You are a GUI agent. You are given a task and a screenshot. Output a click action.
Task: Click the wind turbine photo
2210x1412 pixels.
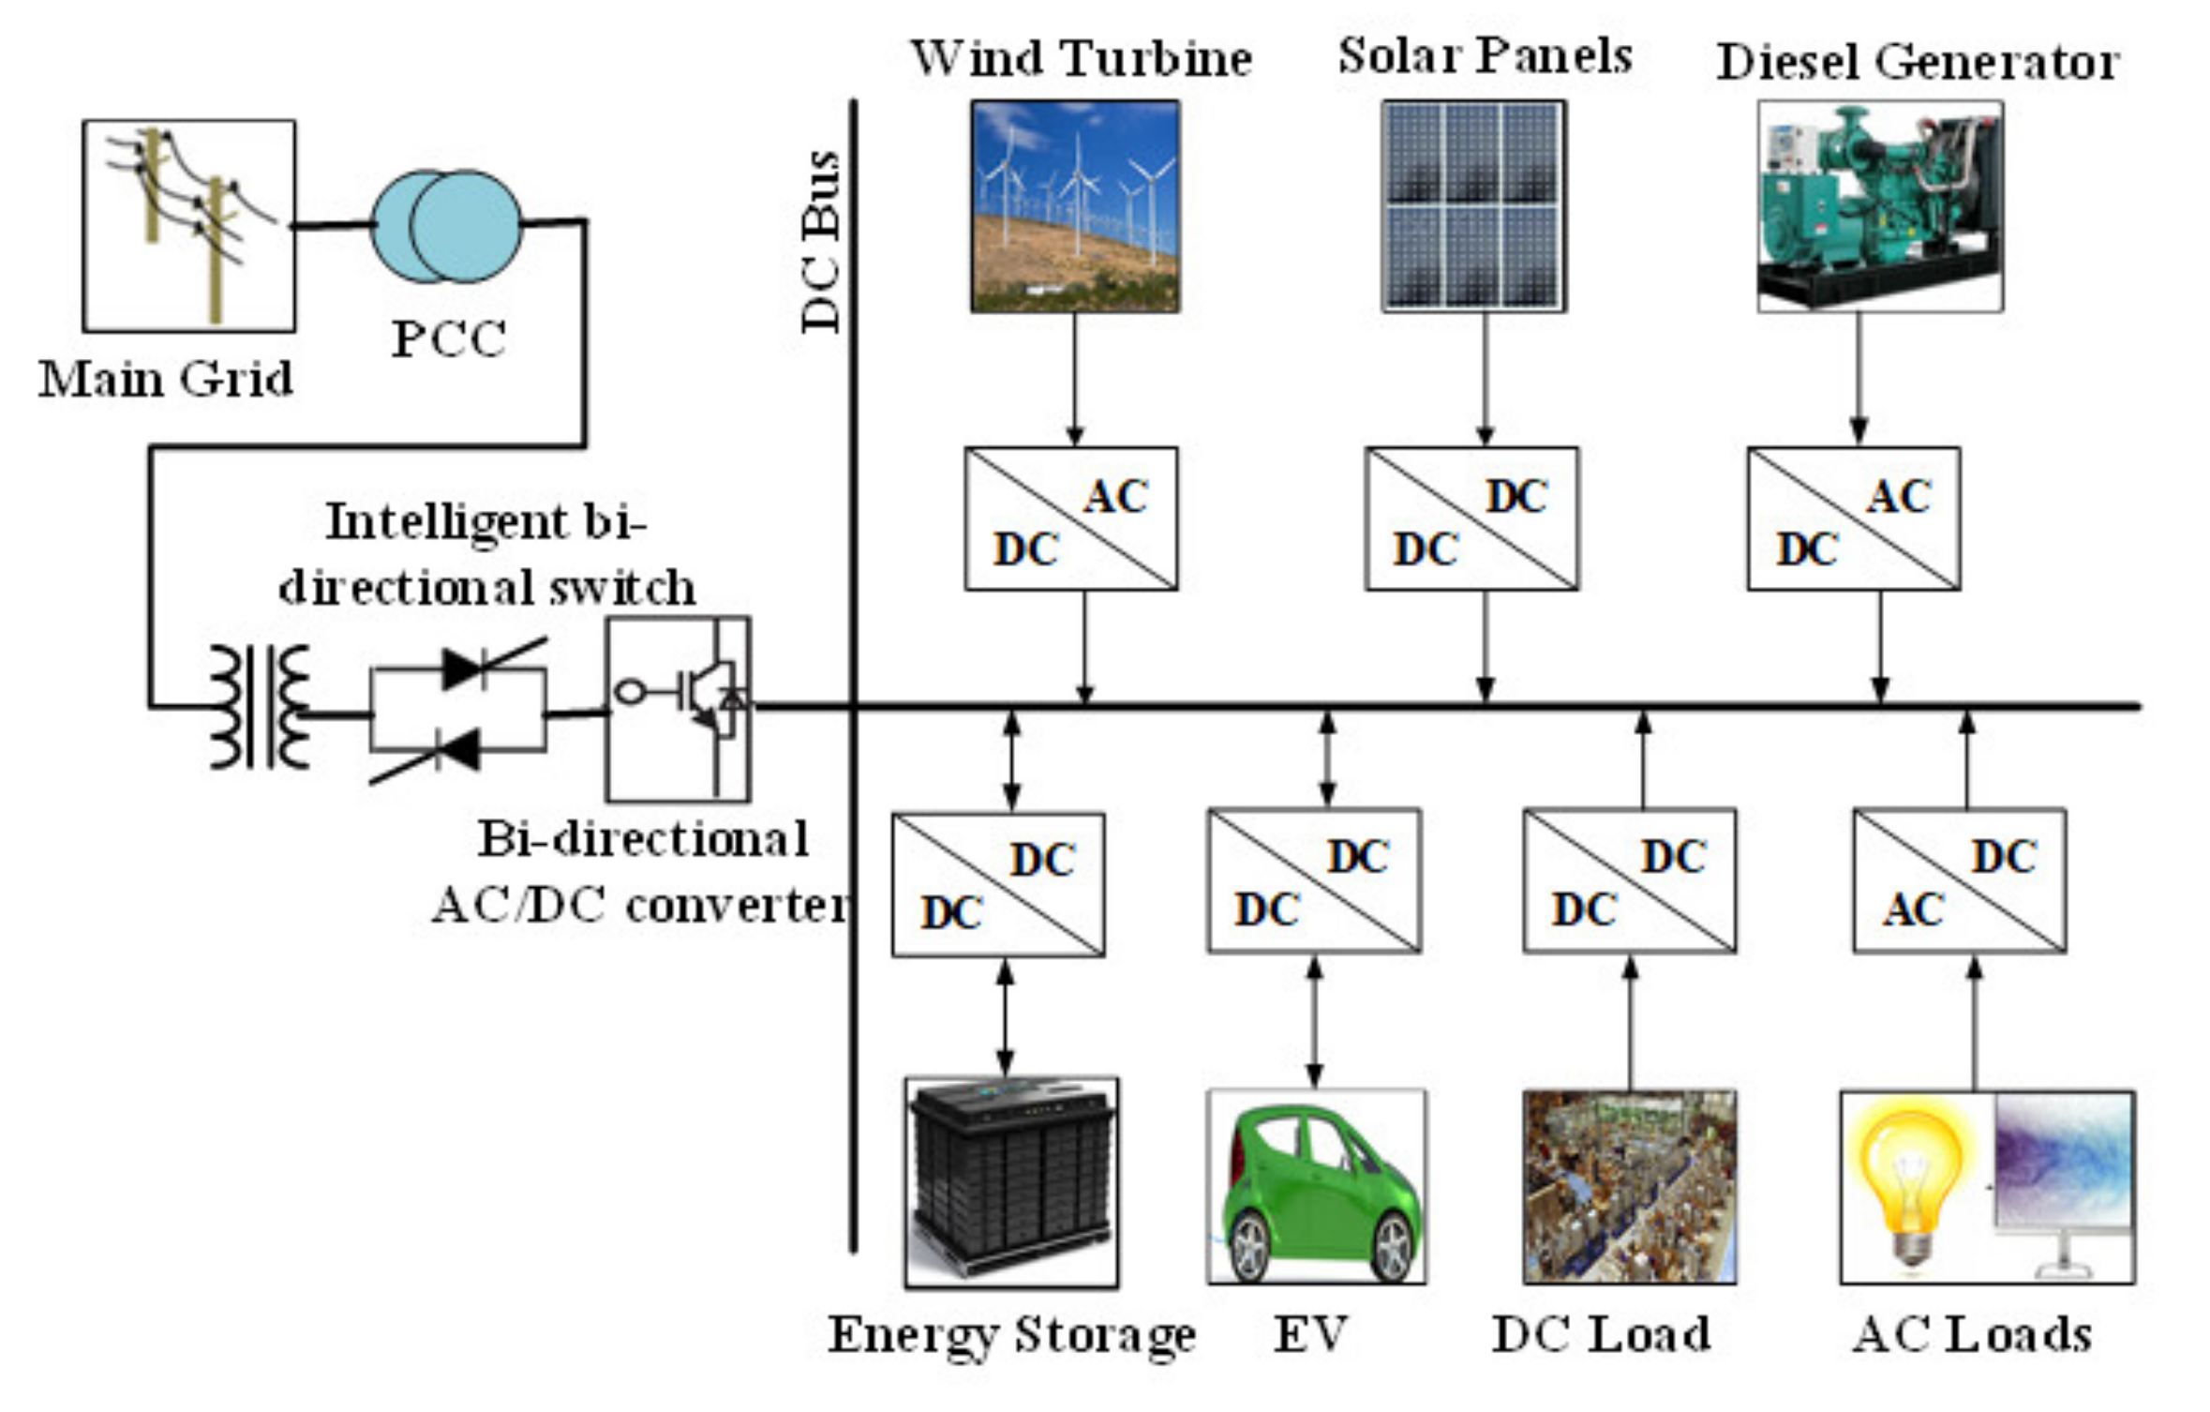click(x=1075, y=206)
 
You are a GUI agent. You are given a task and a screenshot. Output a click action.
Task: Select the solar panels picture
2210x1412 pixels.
click(x=1473, y=206)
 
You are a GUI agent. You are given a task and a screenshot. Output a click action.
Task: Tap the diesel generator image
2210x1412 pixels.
click(x=1880, y=206)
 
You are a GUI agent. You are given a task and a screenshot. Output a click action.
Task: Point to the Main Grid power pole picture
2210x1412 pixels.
click(x=189, y=226)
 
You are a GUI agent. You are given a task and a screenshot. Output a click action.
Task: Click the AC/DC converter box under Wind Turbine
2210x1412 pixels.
click(x=1071, y=518)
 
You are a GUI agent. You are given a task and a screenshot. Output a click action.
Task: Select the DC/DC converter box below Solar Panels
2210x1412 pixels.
click(x=1471, y=518)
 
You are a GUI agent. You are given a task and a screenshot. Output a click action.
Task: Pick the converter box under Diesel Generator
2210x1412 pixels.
click(x=1853, y=518)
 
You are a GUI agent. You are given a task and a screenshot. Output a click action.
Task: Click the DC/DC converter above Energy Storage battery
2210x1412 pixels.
click(x=998, y=884)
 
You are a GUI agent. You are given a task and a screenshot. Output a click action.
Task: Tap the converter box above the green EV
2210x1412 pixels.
click(x=1314, y=881)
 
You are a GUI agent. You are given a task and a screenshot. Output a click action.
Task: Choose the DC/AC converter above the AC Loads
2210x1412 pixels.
click(x=1959, y=881)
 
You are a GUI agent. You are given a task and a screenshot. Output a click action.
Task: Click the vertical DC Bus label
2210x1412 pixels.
click(x=822, y=241)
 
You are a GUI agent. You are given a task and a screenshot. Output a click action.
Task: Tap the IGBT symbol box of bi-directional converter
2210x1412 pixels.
click(x=678, y=708)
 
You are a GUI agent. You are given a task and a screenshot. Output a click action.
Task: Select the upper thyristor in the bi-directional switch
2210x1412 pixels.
click(x=464, y=668)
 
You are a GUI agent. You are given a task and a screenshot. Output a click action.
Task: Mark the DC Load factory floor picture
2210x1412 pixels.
click(x=1629, y=1187)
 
